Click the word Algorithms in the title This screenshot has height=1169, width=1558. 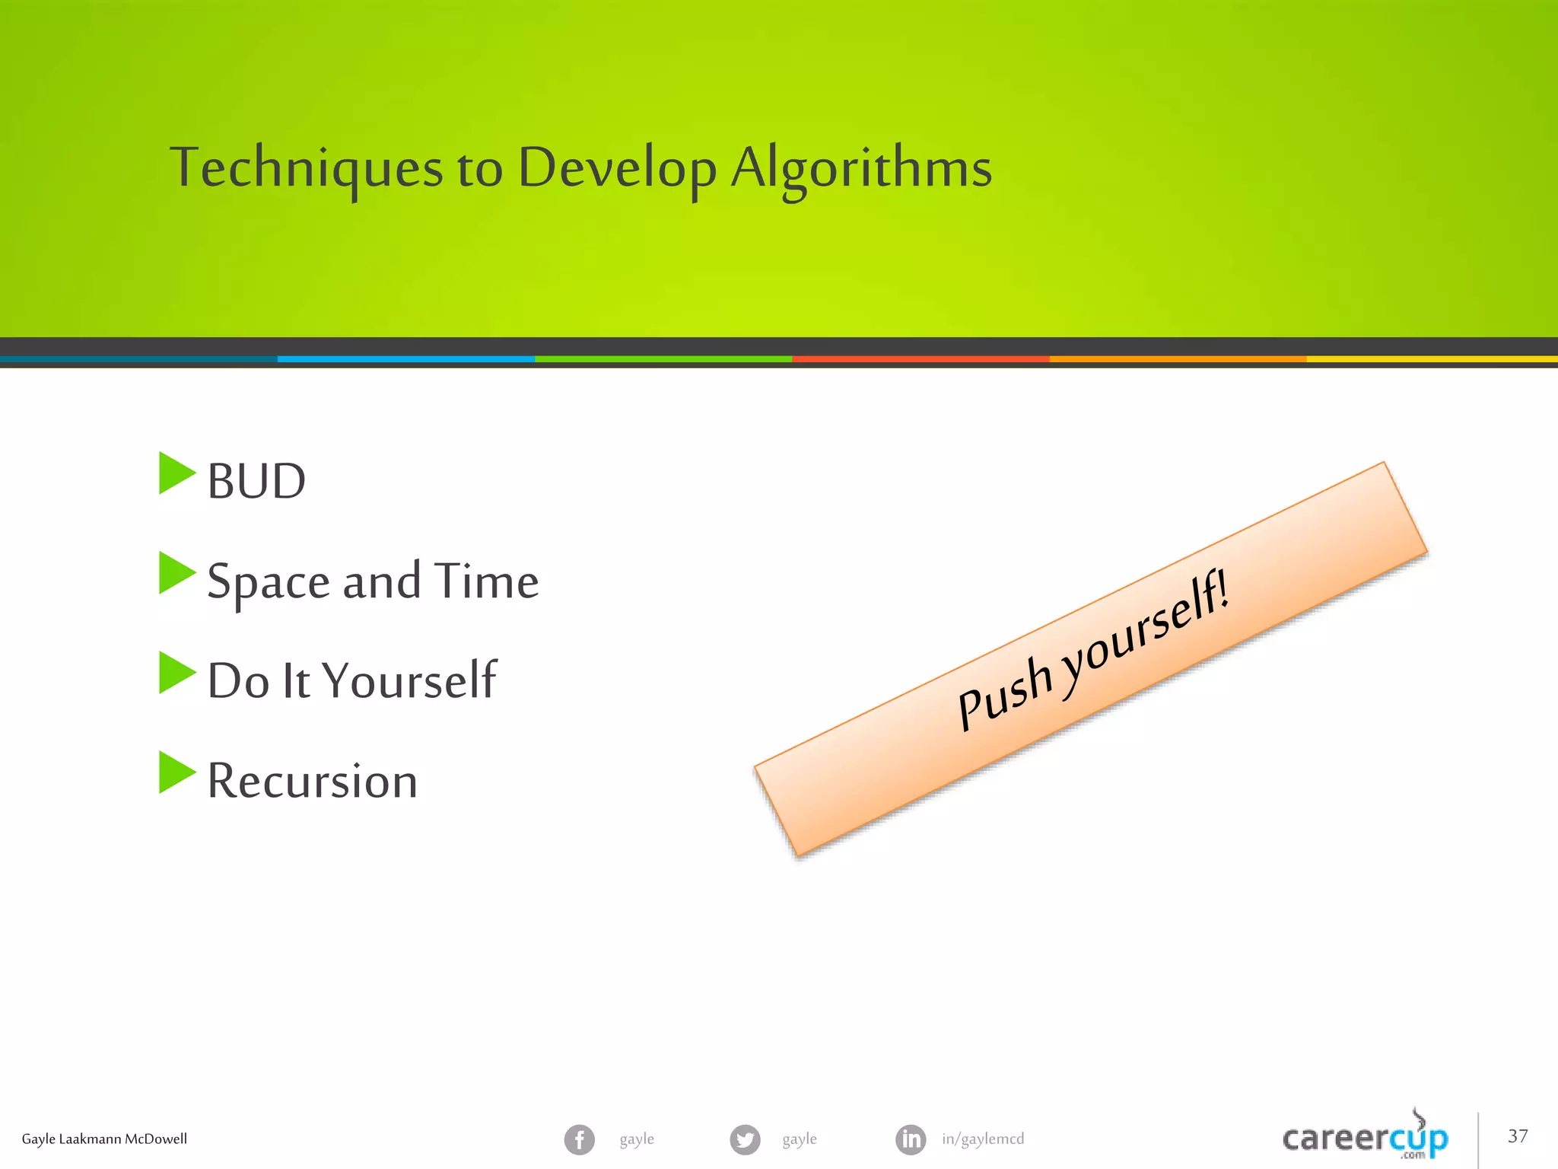(861, 167)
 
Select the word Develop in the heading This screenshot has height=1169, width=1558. (617, 167)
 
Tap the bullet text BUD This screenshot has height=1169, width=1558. (256, 482)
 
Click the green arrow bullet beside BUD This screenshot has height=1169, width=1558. (176, 473)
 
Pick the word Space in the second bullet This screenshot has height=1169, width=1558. (268, 582)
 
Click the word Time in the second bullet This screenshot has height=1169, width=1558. (487, 581)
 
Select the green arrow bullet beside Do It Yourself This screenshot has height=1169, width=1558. (176, 673)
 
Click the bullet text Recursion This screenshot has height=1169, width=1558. (312, 781)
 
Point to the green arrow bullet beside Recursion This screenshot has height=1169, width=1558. (176, 772)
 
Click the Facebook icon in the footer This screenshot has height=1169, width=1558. (580, 1139)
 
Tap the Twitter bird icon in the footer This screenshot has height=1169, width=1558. (745, 1139)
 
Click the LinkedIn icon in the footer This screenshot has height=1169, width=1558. (911, 1139)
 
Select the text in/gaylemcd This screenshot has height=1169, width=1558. (983, 1139)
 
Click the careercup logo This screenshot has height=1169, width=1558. (1365, 1138)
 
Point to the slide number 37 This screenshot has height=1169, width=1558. (1518, 1136)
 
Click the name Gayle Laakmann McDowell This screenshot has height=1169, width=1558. (104, 1139)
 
